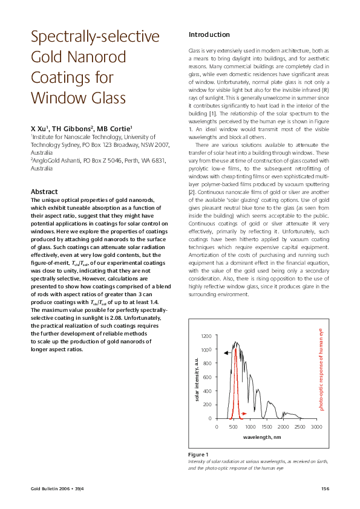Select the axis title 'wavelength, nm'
[261, 436]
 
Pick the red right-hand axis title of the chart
[321, 369]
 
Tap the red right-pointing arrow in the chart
[244, 413]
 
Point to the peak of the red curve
[235, 348]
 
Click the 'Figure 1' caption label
[198, 454]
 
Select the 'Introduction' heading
[209, 34]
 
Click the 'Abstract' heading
[44, 192]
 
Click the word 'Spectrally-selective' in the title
[95, 37]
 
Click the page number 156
[324, 488]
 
